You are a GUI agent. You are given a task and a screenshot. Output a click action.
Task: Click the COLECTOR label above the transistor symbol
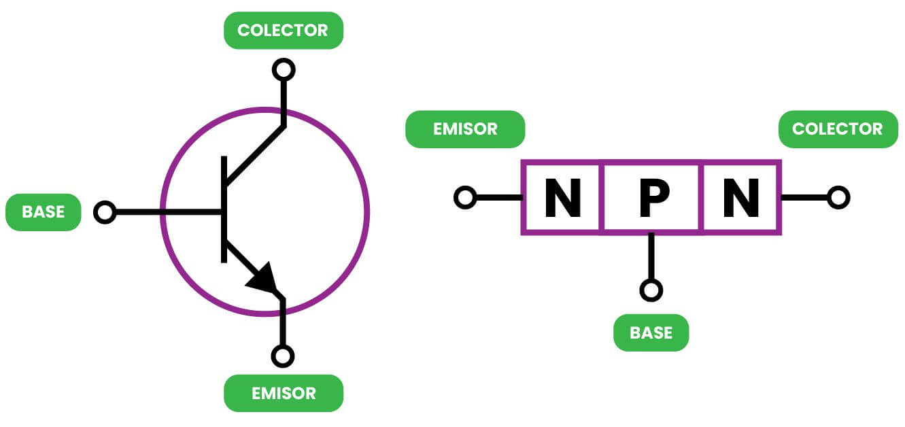coord(284,30)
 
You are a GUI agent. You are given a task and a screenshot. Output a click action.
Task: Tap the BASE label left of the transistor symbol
coord(43,212)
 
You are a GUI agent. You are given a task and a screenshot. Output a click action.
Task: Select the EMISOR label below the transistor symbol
coord(284,393)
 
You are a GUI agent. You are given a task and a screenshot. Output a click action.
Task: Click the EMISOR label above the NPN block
coord(465,129)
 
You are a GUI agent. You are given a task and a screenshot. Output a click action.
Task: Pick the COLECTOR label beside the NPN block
coord(838,129)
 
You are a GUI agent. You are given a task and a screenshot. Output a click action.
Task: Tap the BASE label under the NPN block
coord(651,332)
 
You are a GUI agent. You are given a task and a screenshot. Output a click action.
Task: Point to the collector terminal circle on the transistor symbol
coord(284,69)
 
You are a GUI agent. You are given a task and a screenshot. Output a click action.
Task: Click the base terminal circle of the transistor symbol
coord(105,212)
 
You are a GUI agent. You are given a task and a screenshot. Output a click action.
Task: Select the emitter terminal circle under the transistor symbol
coord(283,356)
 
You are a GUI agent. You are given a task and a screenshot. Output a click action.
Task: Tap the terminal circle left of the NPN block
coord(465,198)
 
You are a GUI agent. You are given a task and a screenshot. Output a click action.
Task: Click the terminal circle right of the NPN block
coord(838,198)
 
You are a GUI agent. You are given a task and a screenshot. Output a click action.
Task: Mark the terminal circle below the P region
coord(651,290)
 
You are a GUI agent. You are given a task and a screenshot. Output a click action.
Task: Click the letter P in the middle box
coord(651,197)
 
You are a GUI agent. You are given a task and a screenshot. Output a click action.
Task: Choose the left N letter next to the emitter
coord(562,197)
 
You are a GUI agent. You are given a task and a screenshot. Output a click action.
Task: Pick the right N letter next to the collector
coord(741,197)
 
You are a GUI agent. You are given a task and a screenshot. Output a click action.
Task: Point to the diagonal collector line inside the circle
coord(254,154)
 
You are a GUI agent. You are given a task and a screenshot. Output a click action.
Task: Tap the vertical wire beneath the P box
coord(651,257)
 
